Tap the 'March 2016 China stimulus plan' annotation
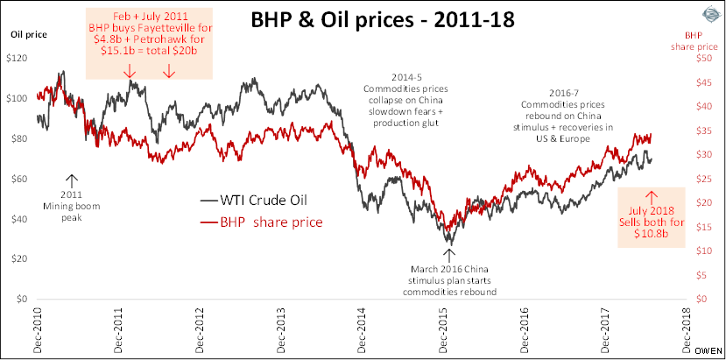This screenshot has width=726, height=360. pos(452,279)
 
